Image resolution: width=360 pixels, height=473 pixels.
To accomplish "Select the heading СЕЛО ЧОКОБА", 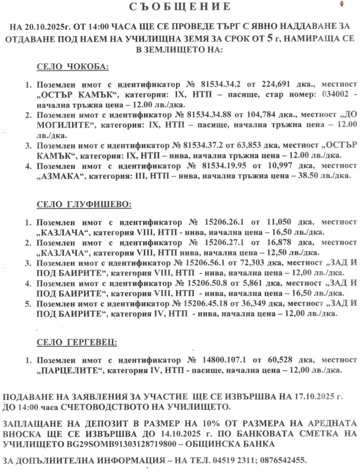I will [73, 67].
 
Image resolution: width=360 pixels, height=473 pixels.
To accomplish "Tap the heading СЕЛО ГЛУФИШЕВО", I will [83, 205].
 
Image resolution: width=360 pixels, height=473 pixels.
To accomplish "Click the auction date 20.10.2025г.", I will [47, 27].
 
